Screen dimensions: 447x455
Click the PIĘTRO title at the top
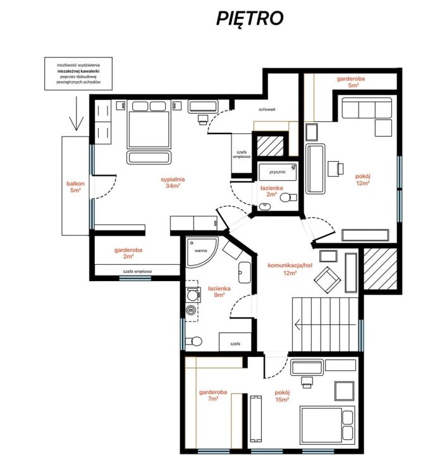(x=250, y=19)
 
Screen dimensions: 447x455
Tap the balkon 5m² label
(x=75, y=187)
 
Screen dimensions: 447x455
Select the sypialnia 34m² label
(x=173, y=182)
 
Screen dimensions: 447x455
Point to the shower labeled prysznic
(x=278, y=172)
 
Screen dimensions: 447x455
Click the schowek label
(x=267, y=109)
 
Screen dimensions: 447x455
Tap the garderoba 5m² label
(x=351, y=82)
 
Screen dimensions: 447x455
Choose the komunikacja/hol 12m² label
(x=290, y=269)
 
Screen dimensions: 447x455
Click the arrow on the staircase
(x=325, y=324)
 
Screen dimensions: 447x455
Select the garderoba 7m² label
(x=213, y=395)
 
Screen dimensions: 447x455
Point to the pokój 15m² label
(x=282, y=396)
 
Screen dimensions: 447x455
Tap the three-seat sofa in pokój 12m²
(x=367, y=108)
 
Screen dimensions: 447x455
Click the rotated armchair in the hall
(x=327, y=280)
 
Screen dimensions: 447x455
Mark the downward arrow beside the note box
(x=77, y=114)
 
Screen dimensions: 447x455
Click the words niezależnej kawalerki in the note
(x=78, y=71)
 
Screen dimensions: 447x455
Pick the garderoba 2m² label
(x=128, y=253)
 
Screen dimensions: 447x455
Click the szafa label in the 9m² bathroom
(x=235, y=344)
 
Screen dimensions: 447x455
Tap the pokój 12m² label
(x=363, y=179)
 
